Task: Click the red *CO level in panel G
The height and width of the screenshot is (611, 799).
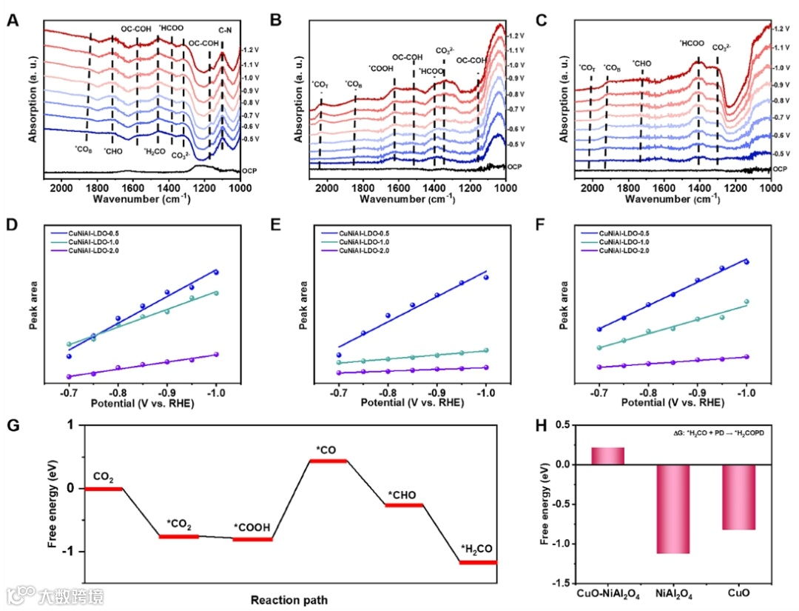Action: pyautogui.click(x=328, y=461)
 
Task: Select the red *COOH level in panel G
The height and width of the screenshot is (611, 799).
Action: pyautogui.click(x=252, y=539)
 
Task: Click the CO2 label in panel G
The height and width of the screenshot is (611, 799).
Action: pyautogui.click(x=103, y=475)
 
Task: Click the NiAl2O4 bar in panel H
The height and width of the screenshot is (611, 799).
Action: pyautogui.click(x=672, y=509)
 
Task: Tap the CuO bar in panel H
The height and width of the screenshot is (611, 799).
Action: pyautogui.click(x=738, y=497)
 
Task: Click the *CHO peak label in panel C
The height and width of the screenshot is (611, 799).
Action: pyautogui.click(x=641, y=64)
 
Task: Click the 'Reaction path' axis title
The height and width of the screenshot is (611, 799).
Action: pyautogui.click(x=289, y=599)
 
